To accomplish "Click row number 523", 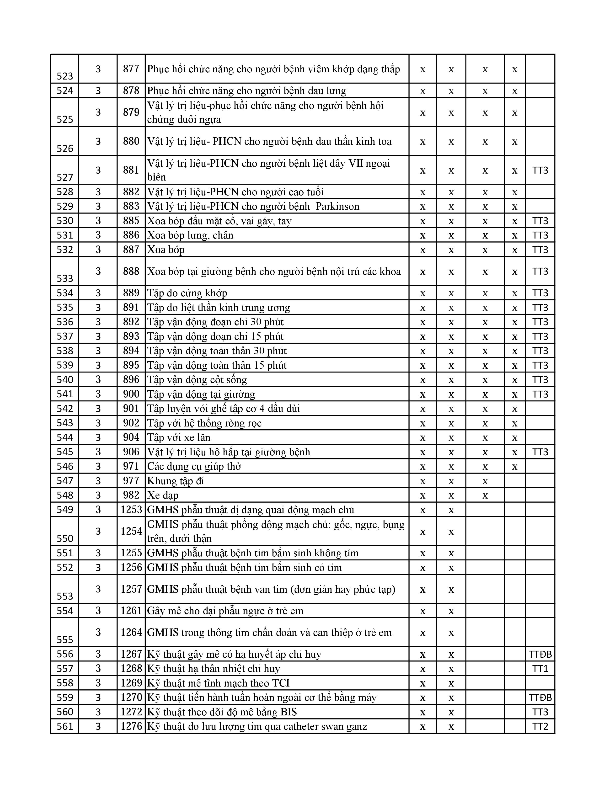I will point(65,76).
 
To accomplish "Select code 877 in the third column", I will point(131,69).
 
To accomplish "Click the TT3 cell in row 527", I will point(540,170).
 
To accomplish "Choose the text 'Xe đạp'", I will point(163,495).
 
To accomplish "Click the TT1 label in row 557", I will point(540,669).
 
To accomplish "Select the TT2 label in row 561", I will point(540,727).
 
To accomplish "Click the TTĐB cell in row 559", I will point(540,698).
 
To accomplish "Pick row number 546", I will point(65,467).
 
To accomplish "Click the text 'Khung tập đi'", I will point(176,481).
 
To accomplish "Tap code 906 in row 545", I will point(131,452).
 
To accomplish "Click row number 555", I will point(65,640).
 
